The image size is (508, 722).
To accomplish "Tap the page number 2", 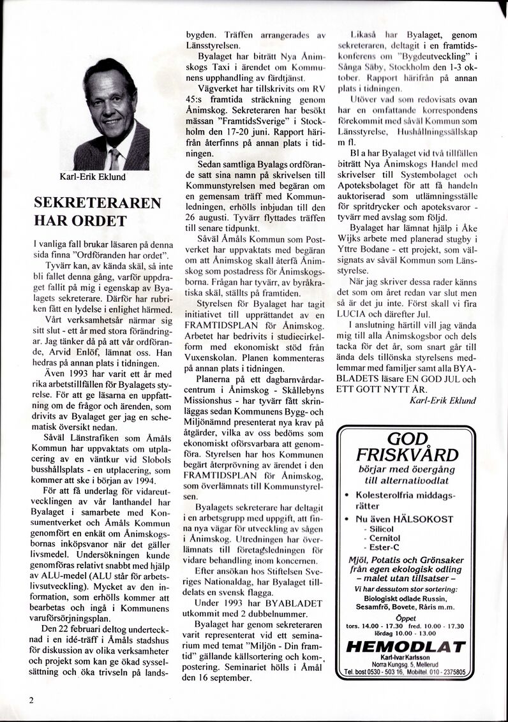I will pyautogui.click(x=31, y=699).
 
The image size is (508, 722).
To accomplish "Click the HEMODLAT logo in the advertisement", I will pyautogui.click(x=405, y=647).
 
